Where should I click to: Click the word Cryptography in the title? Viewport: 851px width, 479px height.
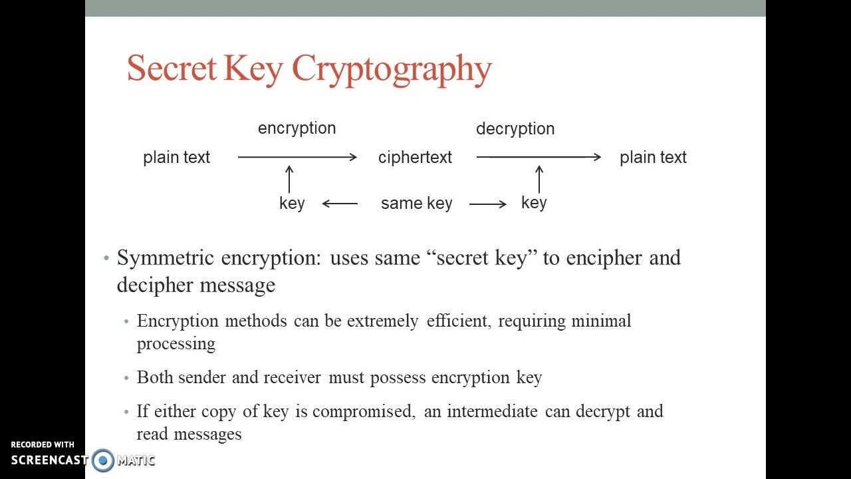click(x=392, y=69)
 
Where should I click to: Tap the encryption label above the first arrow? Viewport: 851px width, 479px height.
click(x=297, y=128)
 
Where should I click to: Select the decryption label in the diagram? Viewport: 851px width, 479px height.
click(x=515, y=129)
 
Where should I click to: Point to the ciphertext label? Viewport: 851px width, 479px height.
click(x=415, y=158)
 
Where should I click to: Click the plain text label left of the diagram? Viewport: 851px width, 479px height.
click(x=176, y=158)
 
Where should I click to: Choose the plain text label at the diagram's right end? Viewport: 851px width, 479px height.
click(x=653, y=158)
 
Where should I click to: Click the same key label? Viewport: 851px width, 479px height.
click(x=416, y=204)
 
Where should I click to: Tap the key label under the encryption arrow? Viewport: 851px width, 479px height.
click(x=292, y=204)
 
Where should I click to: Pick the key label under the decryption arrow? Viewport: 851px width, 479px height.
click(x=534, y=203)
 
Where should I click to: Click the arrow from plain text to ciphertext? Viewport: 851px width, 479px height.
click(x=297, y=157)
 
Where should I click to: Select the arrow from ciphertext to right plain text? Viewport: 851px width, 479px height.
click(x=539, y=157)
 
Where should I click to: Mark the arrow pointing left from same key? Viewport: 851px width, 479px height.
click(x=340, y=204)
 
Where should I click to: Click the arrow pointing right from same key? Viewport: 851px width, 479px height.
click(x=488, y=204)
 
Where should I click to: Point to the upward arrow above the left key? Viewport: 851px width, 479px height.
click(x=289, y=180)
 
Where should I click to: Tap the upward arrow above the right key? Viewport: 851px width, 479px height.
click(x=539, y=180)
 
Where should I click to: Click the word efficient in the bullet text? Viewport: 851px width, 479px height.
click(x=457, y=321)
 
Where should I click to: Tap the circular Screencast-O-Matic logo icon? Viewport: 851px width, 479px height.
click(x=103, y=460)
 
